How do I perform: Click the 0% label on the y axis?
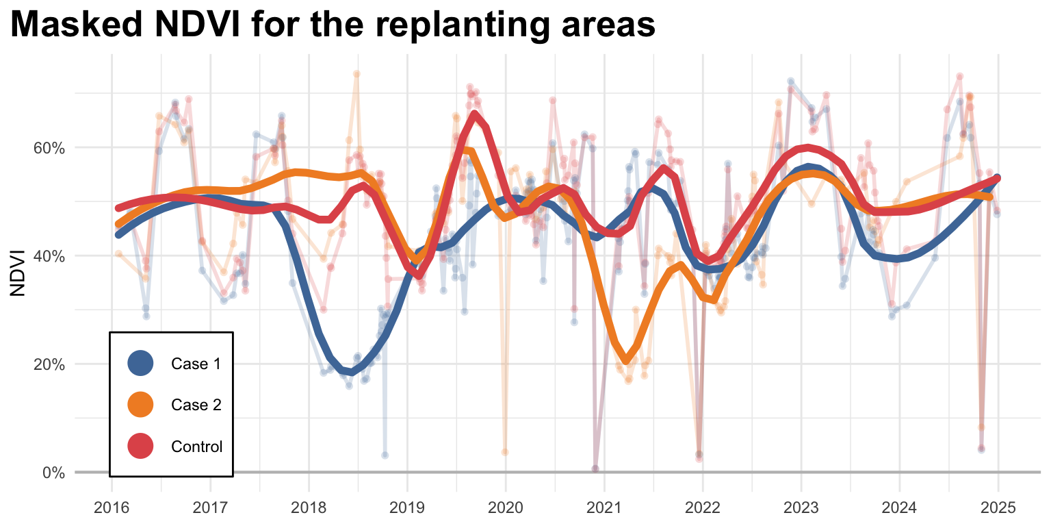tap(53, 473)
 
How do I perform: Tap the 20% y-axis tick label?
tap(49, 364)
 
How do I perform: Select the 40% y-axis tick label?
tap(49, 256)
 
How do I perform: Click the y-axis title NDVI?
tap(18, 273)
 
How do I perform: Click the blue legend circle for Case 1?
tap(141, 364)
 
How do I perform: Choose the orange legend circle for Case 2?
tap(141, 405)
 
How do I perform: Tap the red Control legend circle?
tap(141, 447)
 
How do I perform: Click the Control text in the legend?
tap(197, 447)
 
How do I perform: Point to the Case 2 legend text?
tap(196, 405)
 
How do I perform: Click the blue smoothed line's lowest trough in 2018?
tap(350, 373)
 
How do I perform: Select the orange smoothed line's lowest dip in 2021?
tap(626, 360)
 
